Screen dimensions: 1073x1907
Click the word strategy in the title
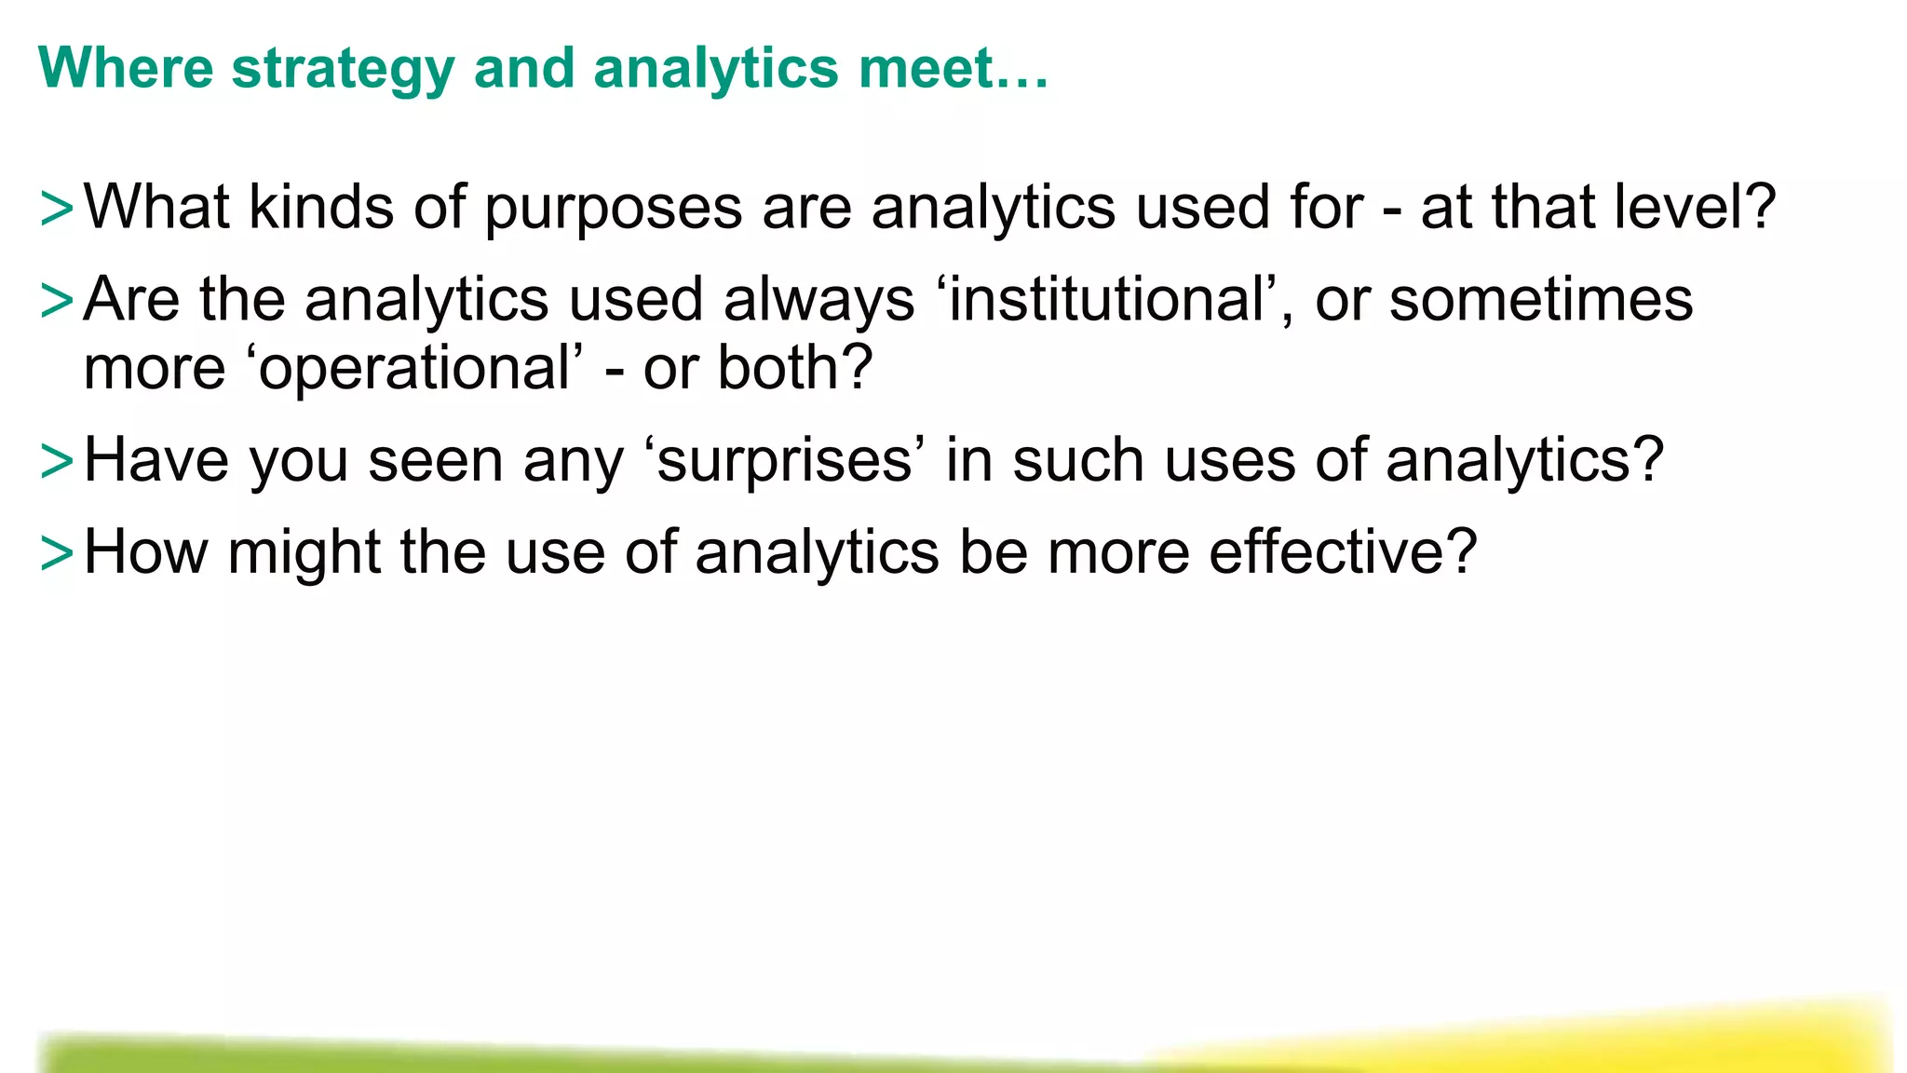(343, 69)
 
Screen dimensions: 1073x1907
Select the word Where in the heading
(126, 69)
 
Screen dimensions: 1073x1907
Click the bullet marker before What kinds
(57, 209)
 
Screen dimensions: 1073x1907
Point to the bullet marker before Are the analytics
(57, 301)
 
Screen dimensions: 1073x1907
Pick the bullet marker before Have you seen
(57, 462)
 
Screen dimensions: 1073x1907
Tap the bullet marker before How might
(57, 553)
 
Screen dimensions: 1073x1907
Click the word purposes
(614, 209)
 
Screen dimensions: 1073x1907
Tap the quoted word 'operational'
(415, 369)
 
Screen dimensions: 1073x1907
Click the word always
(819, 302)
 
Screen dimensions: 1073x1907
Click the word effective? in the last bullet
(1343, 552)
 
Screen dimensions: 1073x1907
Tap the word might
(304, 553)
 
